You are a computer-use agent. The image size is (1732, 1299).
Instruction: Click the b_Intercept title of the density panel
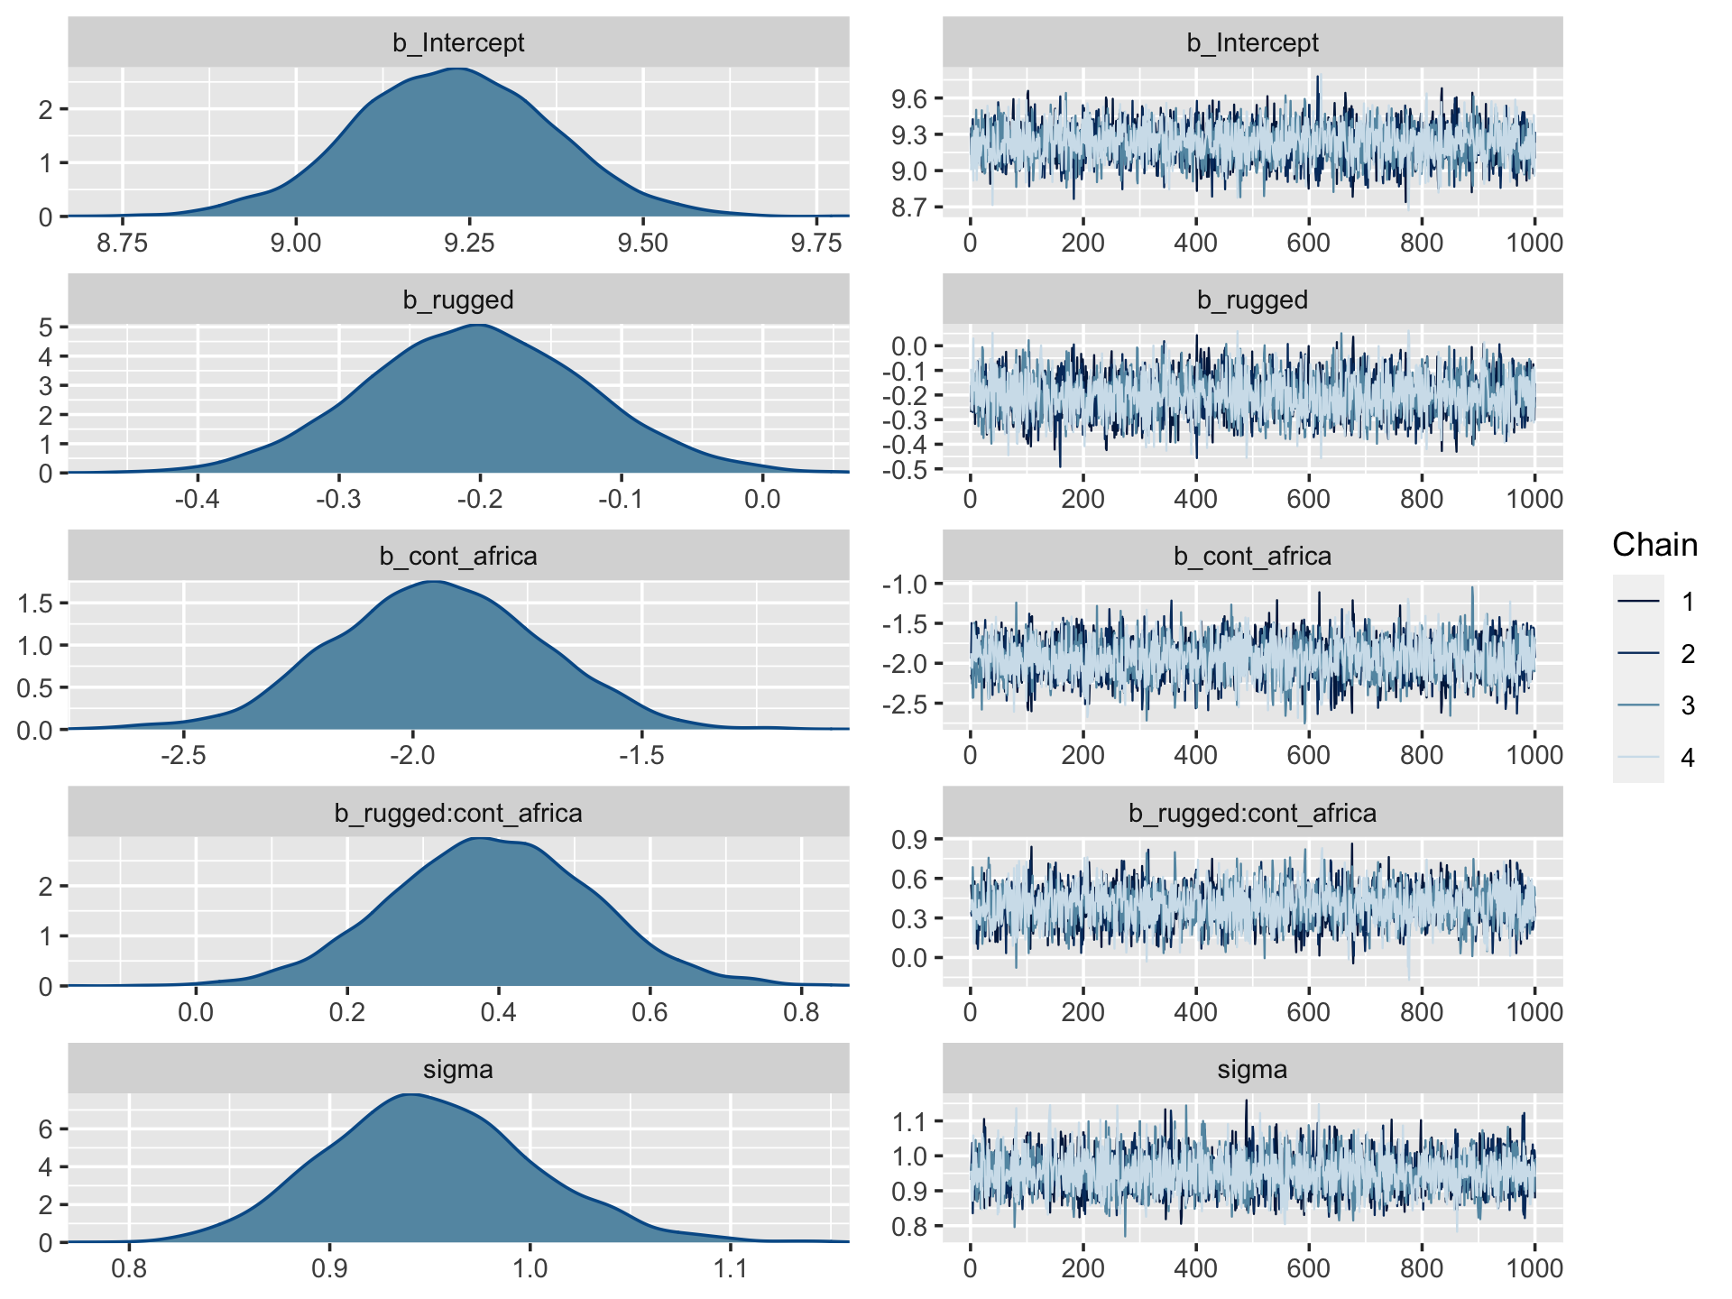(x=458, y=43)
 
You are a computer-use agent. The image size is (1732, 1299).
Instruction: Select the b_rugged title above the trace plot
(x=1252, y=299)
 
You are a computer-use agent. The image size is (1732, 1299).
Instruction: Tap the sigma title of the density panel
(x=458, y=1070)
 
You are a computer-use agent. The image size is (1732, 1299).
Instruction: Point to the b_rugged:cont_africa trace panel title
(x=1252, y=814)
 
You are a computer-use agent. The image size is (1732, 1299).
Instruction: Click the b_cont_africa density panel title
(x=458, y=557)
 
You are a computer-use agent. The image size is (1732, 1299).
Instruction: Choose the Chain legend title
(x=1654, y=545)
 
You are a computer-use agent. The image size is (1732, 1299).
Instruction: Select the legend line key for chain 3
(x=1639, y=705)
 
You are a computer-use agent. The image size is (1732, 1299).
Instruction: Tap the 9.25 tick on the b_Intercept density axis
(x=469, y=243)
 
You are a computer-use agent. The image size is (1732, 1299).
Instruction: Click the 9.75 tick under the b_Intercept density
(x=816, y=243)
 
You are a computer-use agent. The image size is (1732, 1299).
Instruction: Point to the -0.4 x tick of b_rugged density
(x=198, y=499)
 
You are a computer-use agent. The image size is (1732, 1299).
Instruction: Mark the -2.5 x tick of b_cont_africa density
(x=183, y=755)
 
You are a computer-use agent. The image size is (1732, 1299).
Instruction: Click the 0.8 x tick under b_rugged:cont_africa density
(x=801, y=1012)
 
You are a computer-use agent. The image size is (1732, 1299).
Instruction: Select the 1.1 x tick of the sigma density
(x=730, y=1268)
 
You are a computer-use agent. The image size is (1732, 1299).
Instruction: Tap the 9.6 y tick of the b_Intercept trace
(x=909, y=99)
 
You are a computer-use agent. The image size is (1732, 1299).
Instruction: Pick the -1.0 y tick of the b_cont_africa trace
(x=906, y=584)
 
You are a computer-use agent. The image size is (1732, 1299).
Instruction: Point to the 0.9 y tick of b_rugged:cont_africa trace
(x=909, y=840)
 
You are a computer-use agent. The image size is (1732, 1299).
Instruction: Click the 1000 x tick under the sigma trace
(x=1534, y=1268)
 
